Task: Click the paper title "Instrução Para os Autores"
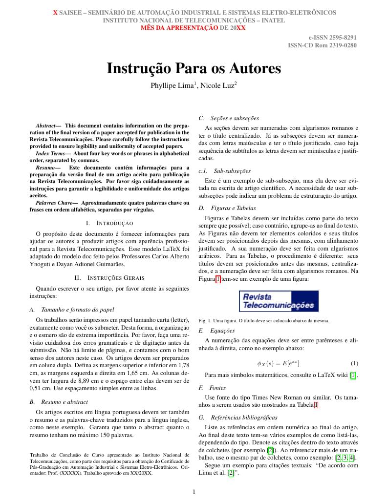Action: coord(194,68)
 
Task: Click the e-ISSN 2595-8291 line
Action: coord(332,37)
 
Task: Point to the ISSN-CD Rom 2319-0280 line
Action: coord(323,45)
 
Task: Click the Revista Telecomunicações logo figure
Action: coord(278,301)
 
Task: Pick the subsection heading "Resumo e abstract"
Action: coord(65,402)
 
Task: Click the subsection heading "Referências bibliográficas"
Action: coord(244,418)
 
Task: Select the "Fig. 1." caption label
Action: coord(205,321)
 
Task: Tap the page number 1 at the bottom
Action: coord(194,492)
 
